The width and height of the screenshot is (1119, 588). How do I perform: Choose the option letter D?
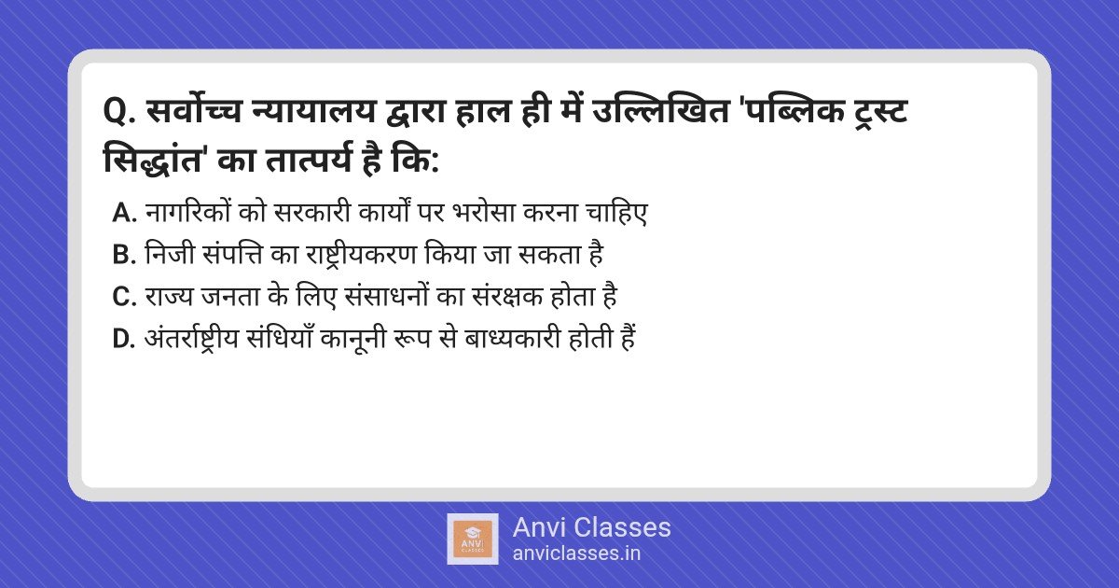[x=124, y=339]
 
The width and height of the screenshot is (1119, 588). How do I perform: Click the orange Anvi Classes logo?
[x=473, y=539]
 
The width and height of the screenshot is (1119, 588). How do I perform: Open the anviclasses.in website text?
[x=576, y=553]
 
